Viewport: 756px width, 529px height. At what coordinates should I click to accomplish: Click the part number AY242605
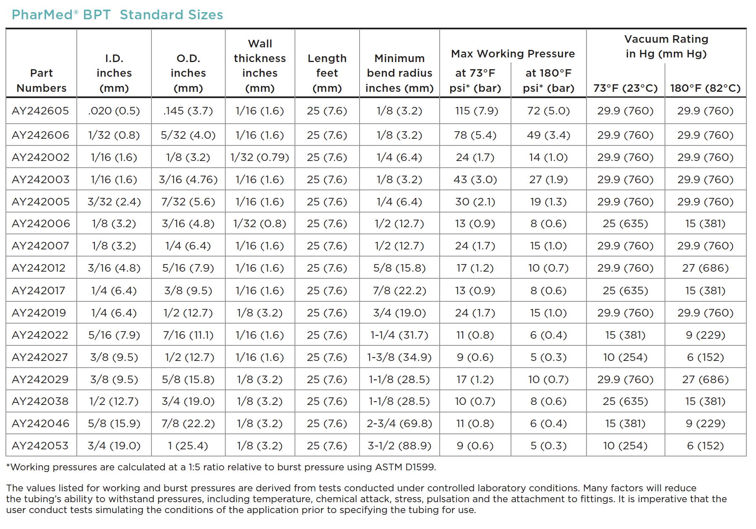point(40,111)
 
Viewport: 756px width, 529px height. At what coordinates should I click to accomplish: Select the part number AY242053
point(40,446)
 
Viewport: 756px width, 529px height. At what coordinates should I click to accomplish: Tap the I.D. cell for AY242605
point(114,111)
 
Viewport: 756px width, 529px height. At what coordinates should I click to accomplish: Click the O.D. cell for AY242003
point(188,179)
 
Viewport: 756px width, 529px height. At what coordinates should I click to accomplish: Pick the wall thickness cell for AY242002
point(260,157)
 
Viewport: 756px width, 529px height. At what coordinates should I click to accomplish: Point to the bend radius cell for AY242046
point(399,423)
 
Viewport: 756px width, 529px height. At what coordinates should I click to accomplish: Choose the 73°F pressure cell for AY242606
point(475,135)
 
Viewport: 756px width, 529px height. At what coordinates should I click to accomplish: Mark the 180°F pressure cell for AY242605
point(549,111)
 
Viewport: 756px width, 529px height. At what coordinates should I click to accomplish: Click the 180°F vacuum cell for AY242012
point(705,268)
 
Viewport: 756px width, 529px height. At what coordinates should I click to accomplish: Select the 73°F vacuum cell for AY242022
point(626,335)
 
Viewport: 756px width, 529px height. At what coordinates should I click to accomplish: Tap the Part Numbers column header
point(42,80)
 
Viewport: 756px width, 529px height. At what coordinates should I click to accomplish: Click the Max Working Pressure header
point(513,54)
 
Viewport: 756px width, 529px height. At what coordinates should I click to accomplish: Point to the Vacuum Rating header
point(666,46)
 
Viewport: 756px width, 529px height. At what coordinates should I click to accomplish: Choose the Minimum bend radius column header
point(399,73)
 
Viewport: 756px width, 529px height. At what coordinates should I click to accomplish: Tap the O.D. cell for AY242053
point(188,446)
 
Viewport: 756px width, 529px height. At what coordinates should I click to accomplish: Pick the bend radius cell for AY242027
point(399,357)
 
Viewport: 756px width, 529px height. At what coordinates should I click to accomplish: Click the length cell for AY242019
point(327,313)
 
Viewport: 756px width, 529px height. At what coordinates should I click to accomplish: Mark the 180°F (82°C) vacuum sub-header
point(705,88)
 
